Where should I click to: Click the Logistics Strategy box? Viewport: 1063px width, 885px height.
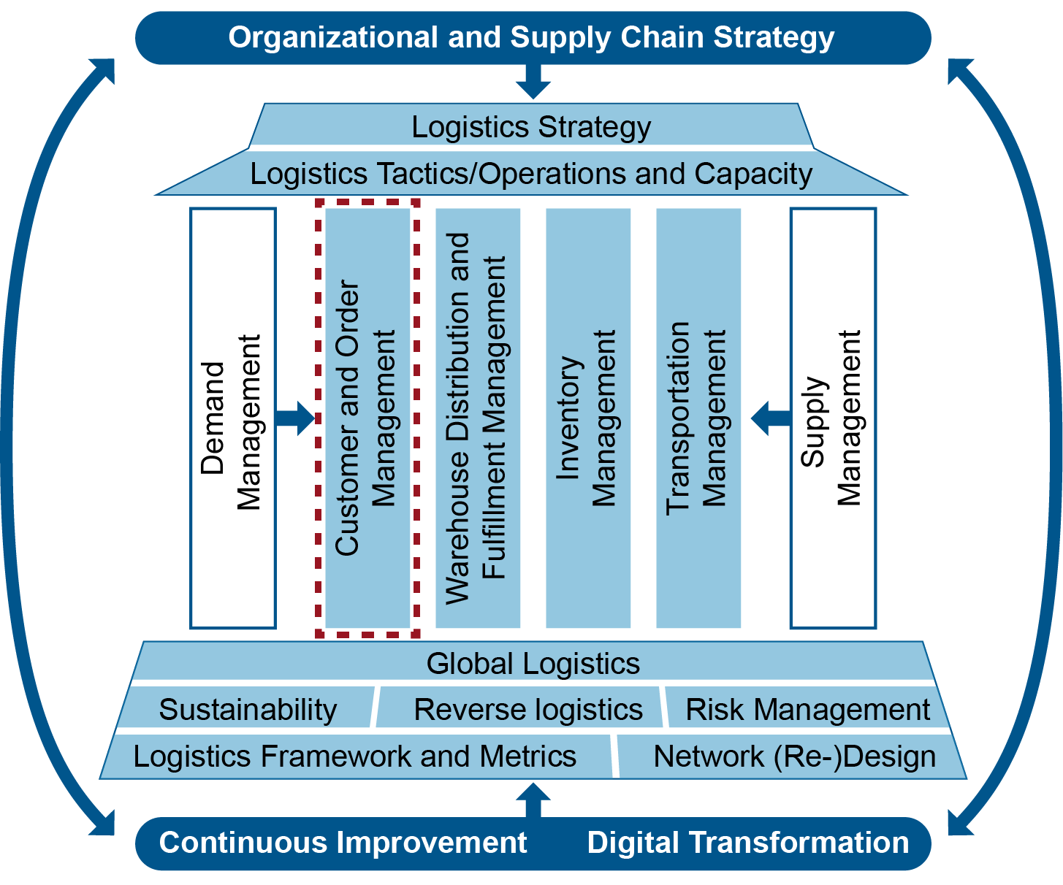point(531,126)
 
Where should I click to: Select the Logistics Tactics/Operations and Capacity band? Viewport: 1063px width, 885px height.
point(531,174)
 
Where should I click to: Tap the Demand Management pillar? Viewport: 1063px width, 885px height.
point(233,418)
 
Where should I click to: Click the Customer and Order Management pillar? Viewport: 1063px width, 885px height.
point(367,418)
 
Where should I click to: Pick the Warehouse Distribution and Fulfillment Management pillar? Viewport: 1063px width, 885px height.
point(478,418)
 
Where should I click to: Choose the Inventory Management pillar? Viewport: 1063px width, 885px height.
point(588,418)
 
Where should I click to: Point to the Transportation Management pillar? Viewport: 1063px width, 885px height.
point(698,418)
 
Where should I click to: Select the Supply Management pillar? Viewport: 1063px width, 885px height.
point(833,418)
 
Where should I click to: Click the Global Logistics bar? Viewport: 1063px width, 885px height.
point(533,663)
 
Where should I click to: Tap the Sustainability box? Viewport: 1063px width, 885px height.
point(248,709)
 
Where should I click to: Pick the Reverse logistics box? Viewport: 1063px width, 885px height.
point(527,709)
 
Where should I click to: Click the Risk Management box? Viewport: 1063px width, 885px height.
point(807,709)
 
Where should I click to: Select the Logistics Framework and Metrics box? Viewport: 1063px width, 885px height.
point(355,756)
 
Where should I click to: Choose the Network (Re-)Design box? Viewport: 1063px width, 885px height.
point(794,756)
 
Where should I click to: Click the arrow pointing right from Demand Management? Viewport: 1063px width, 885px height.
point(296,418)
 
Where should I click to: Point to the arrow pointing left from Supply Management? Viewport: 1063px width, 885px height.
point(770,418)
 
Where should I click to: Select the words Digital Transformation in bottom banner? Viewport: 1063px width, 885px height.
point(748,843)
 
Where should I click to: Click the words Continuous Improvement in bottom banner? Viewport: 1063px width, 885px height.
point(343,843)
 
